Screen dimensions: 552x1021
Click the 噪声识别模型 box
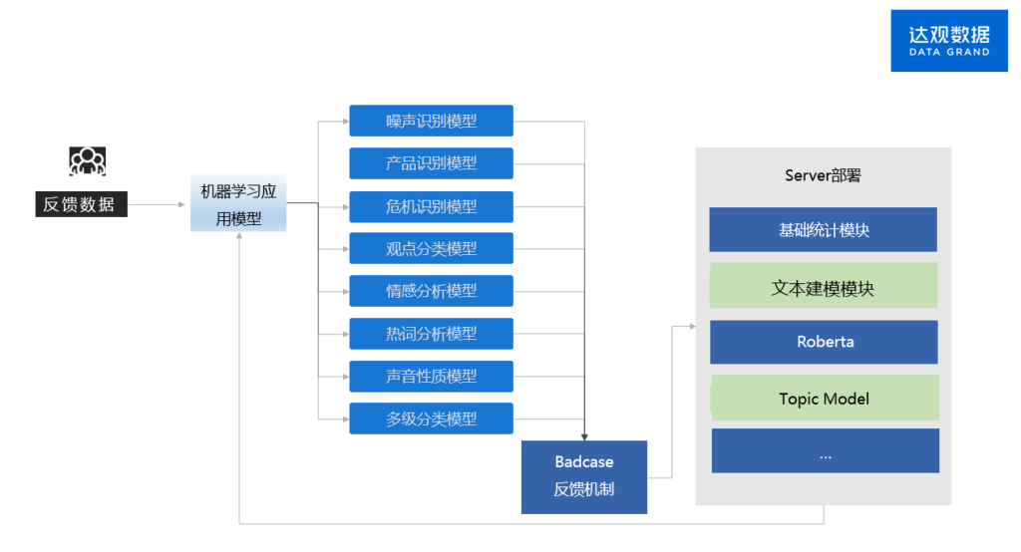(x=431, y=121)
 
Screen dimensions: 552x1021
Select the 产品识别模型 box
(x=431, y=163)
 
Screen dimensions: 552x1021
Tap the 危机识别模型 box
(x=431, y=206)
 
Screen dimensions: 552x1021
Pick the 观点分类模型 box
(x=431, y=248)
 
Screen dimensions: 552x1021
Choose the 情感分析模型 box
(x=431, y=291)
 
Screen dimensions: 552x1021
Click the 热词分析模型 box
(x=431, y=333)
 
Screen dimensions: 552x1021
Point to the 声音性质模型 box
(x=431, y=376)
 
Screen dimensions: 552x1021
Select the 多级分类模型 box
(x=431, y=418)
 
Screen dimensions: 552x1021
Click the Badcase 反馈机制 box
(x=584, y=476)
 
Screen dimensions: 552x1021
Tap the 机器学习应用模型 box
(x=239, y=203)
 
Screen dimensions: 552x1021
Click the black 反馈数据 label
(x=80, y=204)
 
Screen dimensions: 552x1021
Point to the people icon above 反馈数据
(x=88, y=160)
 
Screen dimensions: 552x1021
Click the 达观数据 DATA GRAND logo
(x=948, y=40)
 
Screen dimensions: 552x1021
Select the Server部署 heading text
(x=823, y=176)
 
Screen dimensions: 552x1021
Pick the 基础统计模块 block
(x=824, y=229)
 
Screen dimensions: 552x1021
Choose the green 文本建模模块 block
(x=824, y=288)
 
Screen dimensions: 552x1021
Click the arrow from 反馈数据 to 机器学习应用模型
(x=158, y=204)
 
